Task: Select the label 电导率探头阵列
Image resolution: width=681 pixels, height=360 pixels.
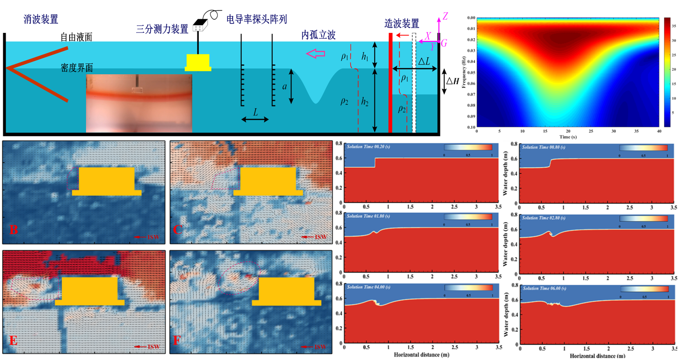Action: [257, 19]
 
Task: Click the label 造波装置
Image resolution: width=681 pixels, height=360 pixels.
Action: [402, 23]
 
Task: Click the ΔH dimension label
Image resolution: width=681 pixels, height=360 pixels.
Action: [453, 81]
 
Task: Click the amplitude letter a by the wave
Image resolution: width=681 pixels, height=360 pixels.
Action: [284, 86]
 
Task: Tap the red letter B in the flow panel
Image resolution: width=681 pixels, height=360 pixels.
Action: [14, 230]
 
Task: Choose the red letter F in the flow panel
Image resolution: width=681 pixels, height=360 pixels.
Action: [177, 339]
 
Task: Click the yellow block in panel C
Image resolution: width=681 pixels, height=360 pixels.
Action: [268, 180]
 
